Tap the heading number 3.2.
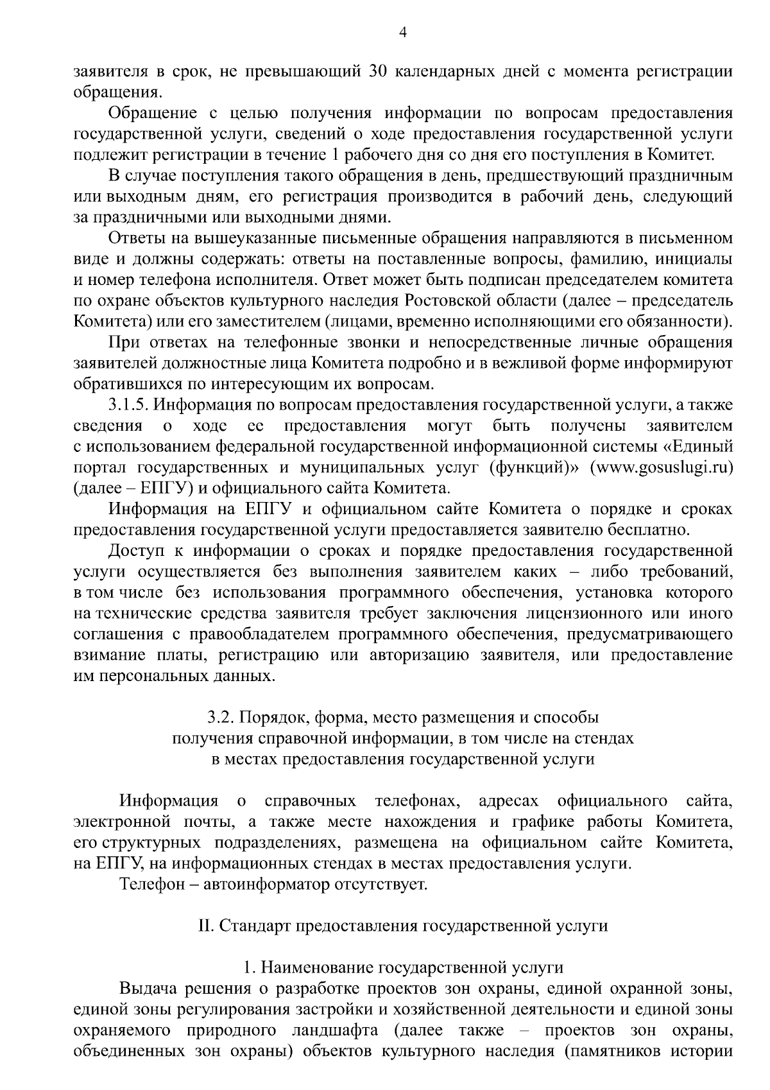tap(219, 717)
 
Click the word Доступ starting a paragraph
tap(136, 551)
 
